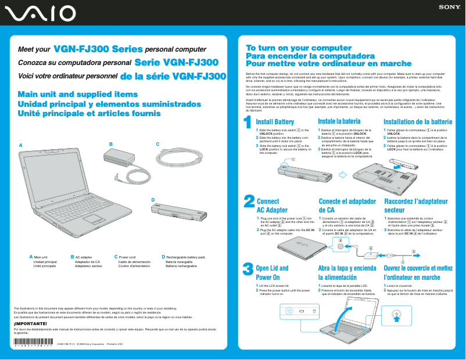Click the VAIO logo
[38, 13]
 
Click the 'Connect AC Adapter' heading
[272, 206]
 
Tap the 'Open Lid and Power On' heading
[272, 273]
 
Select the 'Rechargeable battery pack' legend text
[185, 257]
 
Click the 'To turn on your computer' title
[291, 48]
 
